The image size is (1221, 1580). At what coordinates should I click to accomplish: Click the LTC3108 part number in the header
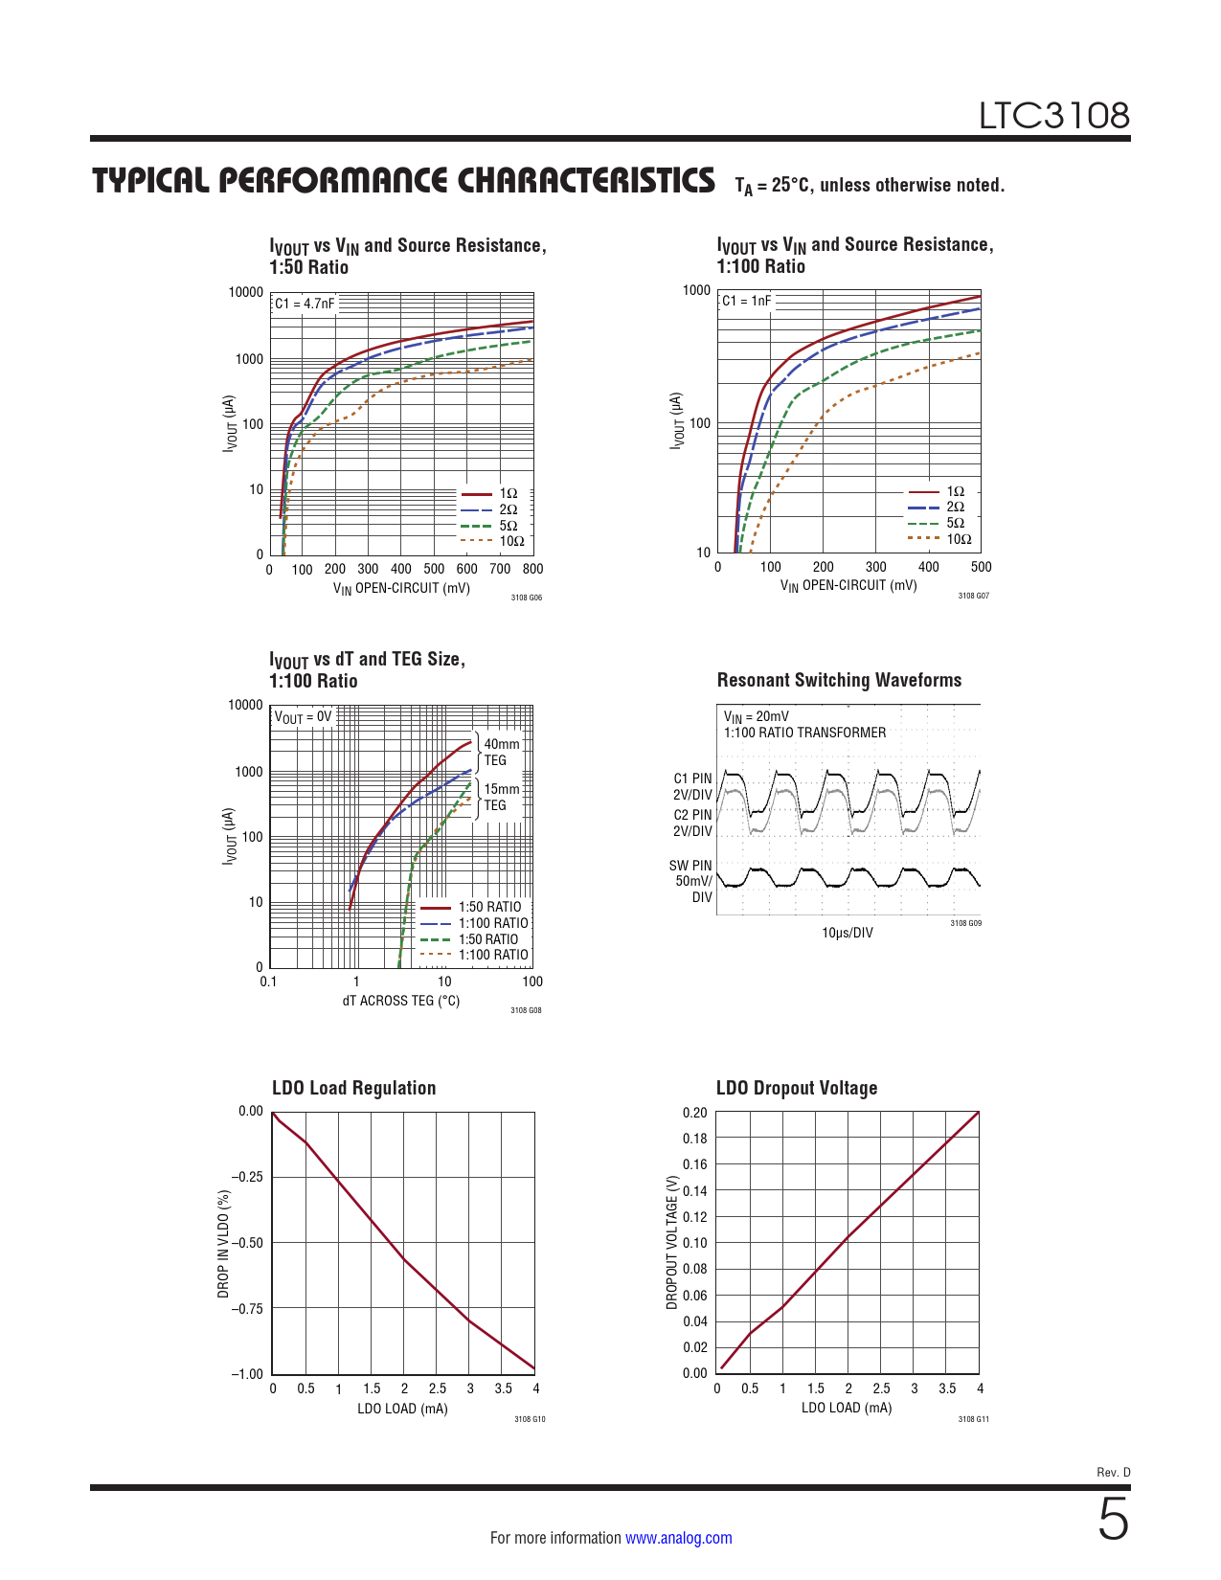tap(1053, 116)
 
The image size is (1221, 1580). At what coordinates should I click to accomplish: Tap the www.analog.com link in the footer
tap(678, 1538)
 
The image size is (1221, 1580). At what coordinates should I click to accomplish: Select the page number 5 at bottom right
tap(1113, 1520)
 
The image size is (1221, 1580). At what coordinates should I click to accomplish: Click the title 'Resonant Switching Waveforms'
tap(839, 680)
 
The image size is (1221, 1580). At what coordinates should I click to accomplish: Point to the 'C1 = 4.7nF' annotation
tap(305, 304)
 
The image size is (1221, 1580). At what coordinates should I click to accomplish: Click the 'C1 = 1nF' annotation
tap(746, 301)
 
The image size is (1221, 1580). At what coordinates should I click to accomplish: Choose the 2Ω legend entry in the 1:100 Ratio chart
tap(955, 507)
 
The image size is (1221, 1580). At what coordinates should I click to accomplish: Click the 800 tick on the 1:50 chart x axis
tap(532, 569)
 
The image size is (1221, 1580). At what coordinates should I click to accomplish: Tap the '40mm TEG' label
tap(501, 752)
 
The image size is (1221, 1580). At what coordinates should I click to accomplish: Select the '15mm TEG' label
tap(501, 797)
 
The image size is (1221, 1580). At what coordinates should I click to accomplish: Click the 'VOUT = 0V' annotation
tap(303, 717)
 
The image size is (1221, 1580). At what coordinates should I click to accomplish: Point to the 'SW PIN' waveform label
tap(690, 866)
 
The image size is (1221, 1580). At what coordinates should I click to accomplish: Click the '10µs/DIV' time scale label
tap(848, 933)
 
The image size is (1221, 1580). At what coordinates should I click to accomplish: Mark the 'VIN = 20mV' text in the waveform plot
tap(756, 716)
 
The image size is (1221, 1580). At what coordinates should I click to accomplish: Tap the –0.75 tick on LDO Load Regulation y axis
tap(247, 1309)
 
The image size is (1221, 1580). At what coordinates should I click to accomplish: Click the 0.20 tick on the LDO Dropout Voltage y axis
tap(694, 1113)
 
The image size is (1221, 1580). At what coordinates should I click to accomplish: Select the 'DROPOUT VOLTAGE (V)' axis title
tap(672, 1242)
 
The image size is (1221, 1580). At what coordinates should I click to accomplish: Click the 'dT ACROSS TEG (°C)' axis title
tap(401, 1001)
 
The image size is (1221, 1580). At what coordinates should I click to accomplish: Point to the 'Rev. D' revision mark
tap(1113, 1472)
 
